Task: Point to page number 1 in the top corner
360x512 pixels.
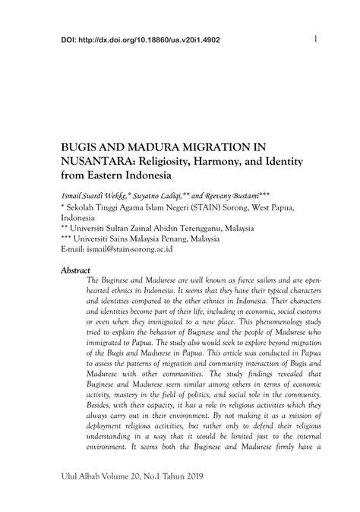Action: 314,39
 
